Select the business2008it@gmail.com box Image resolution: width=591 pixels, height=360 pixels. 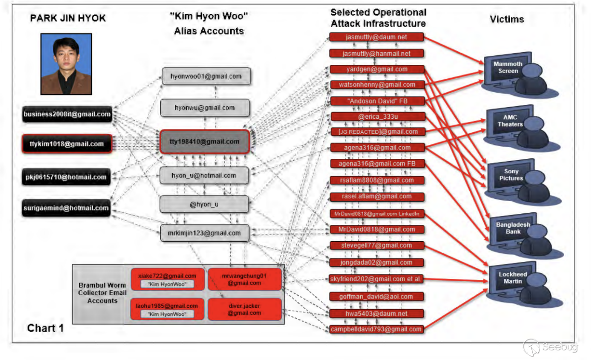(x=67, y=114)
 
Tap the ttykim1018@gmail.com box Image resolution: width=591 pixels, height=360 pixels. (x=67, y=144)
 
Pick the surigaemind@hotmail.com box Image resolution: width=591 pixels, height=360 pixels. (x=66, y=208)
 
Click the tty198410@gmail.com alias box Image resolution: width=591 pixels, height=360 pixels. (x=205, y=142)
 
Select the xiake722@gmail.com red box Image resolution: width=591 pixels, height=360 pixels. (x=167, y=279)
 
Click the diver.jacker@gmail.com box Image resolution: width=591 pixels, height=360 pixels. (x=244, y=310)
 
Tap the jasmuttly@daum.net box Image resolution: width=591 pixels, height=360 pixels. (x=377, y=37)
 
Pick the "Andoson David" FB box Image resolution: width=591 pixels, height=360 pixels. (x=377, y=101)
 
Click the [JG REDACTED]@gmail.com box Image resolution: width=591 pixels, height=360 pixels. (x=377, y=132)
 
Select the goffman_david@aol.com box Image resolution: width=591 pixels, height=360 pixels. (x=377, y=296)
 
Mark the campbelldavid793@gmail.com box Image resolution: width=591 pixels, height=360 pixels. (x=377, y=329)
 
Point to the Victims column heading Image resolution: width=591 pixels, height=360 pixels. (x=507, y=20)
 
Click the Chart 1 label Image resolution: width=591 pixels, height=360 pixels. (x=45, y=328)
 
